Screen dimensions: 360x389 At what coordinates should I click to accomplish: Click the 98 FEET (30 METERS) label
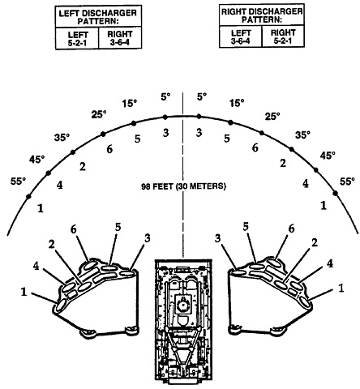(x=183, y=186)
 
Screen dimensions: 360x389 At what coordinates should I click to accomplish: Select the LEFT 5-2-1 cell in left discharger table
(x=77, y=38)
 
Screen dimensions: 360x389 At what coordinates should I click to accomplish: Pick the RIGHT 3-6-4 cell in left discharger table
(x=120, y=38)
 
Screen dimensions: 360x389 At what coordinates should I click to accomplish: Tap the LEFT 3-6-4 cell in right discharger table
(x=240, y=36)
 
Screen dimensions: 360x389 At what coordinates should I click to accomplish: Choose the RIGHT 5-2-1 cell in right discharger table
(x=283, y=36)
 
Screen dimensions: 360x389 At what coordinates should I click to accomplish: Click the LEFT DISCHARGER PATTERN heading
(x=98, y=17)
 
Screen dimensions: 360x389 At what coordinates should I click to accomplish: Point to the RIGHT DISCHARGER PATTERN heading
(x=262, y=15)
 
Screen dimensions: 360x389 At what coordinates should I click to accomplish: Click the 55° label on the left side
(x=19, y=182)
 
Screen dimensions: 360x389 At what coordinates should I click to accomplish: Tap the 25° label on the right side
(x=272, y=117)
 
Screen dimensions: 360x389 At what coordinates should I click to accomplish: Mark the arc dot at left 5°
(x=165, y=117)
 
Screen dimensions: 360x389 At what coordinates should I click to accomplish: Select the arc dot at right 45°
(x=315, y=170)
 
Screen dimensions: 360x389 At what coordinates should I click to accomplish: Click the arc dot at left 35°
(x=73, y=152)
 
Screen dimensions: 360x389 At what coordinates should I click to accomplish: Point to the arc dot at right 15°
(x=230, y=122)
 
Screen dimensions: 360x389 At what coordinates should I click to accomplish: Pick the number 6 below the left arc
(x=109, y=149)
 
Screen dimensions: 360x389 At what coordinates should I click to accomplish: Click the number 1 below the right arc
(x=324, y=206)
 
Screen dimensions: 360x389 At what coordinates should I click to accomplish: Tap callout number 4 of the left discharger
(x=36, y=266)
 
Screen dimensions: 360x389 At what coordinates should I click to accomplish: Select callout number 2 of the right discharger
(x=315, y=243)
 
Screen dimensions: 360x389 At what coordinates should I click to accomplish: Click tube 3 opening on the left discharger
(x=127, y=273)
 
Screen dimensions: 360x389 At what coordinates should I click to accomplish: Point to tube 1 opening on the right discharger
(x=305, y=302)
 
